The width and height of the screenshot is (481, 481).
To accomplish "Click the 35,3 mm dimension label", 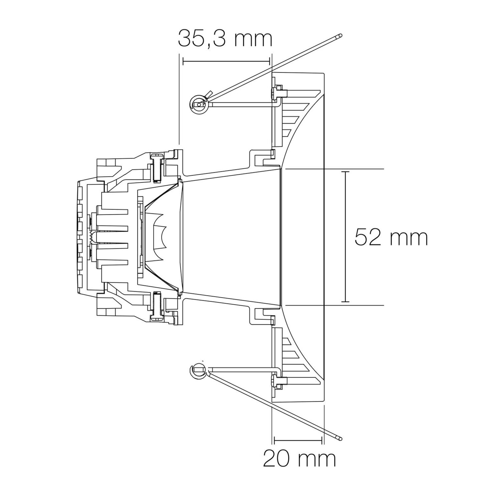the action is (225, 38).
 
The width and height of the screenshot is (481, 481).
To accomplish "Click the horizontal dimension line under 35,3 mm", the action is (226, 61).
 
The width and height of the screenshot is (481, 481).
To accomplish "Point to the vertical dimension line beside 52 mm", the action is (345, 237).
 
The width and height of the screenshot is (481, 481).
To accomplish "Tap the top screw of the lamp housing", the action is (157, 168).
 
